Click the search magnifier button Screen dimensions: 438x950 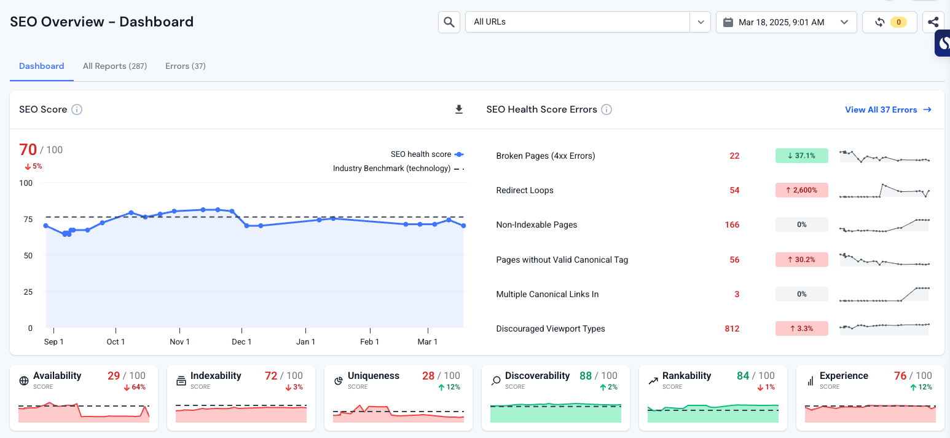coord(449,22)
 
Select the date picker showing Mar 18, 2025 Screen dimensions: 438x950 coord(786,22)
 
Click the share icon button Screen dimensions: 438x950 coord(933,22)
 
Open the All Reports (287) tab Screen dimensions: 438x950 coord(115,66)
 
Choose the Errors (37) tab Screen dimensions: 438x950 coord(185,66)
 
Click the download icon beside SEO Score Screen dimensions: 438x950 coord(458,109)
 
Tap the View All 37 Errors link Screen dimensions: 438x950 coord(888,109)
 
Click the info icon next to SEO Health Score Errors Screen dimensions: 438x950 coord(607,109)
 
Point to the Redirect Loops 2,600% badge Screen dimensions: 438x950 coord(801,190)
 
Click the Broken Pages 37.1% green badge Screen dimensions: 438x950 coord(801,156)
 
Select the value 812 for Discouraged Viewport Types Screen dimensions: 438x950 coord(732,328)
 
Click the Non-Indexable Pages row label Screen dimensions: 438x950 coord(536,225)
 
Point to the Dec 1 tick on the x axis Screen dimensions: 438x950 coord(241,341)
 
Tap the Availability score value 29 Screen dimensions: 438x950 coord(114,375)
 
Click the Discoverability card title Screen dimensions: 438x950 coord(537,375)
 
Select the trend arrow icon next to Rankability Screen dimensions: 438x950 coord(653,381)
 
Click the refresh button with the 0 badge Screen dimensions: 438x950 coord(889,22)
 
